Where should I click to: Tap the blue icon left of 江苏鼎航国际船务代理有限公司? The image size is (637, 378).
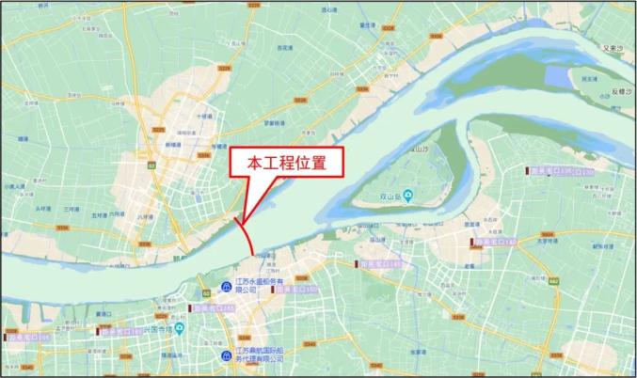click(x=228, y=354)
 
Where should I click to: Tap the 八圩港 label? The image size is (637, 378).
click(x=144, y=216)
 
